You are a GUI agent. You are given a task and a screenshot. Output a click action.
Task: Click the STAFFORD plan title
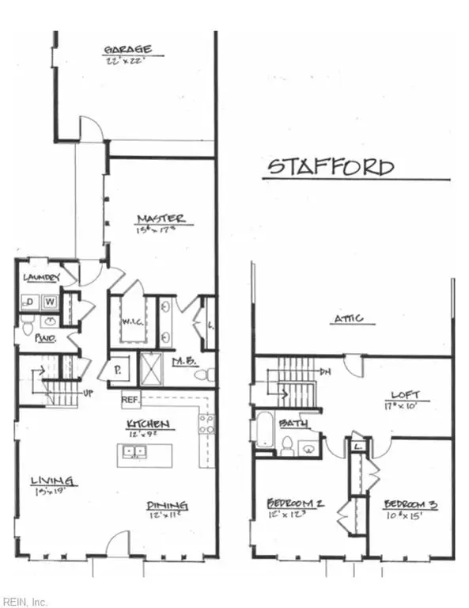330,167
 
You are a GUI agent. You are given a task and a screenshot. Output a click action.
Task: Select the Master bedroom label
161,218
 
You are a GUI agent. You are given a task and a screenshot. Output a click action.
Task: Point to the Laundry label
41,277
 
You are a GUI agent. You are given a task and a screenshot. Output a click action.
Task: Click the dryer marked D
30,302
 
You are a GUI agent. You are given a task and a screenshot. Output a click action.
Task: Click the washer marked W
49,302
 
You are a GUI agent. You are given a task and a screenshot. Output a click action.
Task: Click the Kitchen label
150,425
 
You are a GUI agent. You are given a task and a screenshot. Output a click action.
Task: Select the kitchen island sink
134,453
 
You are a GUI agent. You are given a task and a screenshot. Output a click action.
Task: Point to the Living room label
53,481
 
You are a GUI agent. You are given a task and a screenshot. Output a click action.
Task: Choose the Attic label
348,318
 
